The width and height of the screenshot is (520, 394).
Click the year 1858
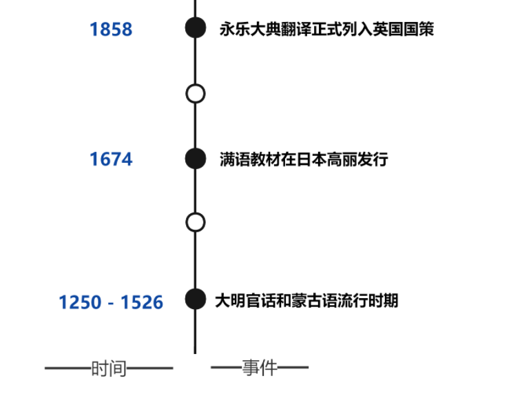point(111,29)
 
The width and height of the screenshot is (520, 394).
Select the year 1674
point(111,159)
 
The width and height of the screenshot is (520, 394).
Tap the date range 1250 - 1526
point(111,302)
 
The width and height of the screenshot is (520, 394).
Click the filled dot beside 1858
point(196,28)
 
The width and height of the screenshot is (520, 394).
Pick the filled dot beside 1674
point(196,158)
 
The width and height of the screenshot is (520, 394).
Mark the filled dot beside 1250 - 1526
point(196,299)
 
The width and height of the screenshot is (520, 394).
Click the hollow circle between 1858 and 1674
point(196,93)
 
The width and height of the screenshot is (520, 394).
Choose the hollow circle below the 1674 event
point(196,222)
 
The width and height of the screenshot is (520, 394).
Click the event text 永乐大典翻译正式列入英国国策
point(326,29)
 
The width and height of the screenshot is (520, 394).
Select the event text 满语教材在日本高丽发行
point(304,159)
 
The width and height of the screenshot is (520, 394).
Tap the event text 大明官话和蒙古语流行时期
point(306,302)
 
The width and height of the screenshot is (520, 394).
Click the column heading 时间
point(109,368)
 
